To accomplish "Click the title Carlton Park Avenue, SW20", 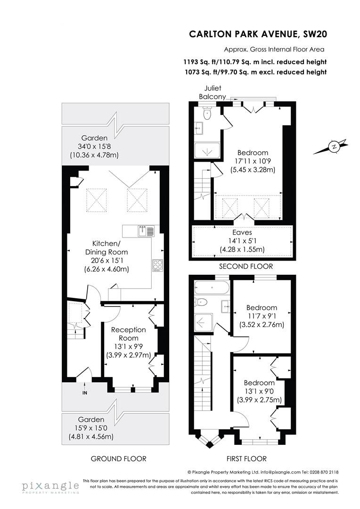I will tap(258, 34).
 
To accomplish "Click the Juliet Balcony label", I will tap(213, 92).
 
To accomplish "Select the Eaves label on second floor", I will tap(242, 232).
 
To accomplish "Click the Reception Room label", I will tap(128, 334).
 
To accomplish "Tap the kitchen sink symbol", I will tap(146, 230).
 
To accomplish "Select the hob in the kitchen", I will tap(157, 265).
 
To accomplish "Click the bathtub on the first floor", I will tap(212, 287).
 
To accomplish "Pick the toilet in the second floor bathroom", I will tap(206, 113).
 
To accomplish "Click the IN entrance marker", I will tap(85, 393).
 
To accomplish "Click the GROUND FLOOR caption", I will tap(118, 459).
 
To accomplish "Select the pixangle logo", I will tap(50, 486).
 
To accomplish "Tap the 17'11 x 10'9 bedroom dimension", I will tap(253, 161).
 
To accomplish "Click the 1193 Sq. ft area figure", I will tap(198, 62).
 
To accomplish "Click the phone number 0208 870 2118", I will tap(323, 472).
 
